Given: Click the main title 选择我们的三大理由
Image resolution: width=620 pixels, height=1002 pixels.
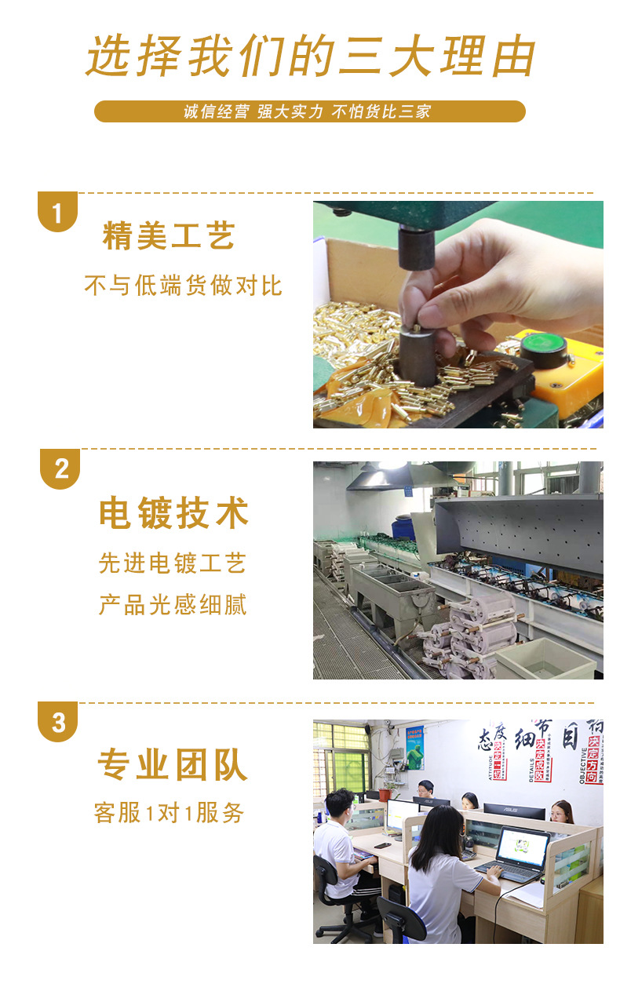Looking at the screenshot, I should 310,56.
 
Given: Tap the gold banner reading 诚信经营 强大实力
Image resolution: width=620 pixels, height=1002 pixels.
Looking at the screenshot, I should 309,111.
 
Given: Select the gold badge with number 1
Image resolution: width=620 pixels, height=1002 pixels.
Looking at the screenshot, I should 57,212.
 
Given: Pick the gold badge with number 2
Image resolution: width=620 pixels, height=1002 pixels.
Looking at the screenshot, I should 60,469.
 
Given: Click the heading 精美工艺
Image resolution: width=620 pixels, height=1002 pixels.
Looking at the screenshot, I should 169,236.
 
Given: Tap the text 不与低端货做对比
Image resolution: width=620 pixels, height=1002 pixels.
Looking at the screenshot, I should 183,286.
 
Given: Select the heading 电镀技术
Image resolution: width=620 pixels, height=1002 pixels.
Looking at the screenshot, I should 173,514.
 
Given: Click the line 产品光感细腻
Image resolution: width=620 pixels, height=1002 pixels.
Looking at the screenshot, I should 173,605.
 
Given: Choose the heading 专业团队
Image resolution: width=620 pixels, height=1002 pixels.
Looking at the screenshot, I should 173,765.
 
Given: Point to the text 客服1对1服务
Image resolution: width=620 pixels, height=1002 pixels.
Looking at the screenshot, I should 169,813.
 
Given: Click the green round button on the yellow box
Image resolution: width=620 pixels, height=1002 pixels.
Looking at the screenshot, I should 543,344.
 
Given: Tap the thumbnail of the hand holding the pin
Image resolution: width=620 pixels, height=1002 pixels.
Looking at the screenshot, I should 458,315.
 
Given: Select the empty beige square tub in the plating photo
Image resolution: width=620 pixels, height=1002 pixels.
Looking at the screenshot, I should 545,658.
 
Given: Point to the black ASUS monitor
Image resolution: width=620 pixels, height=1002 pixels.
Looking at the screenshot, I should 514,811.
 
